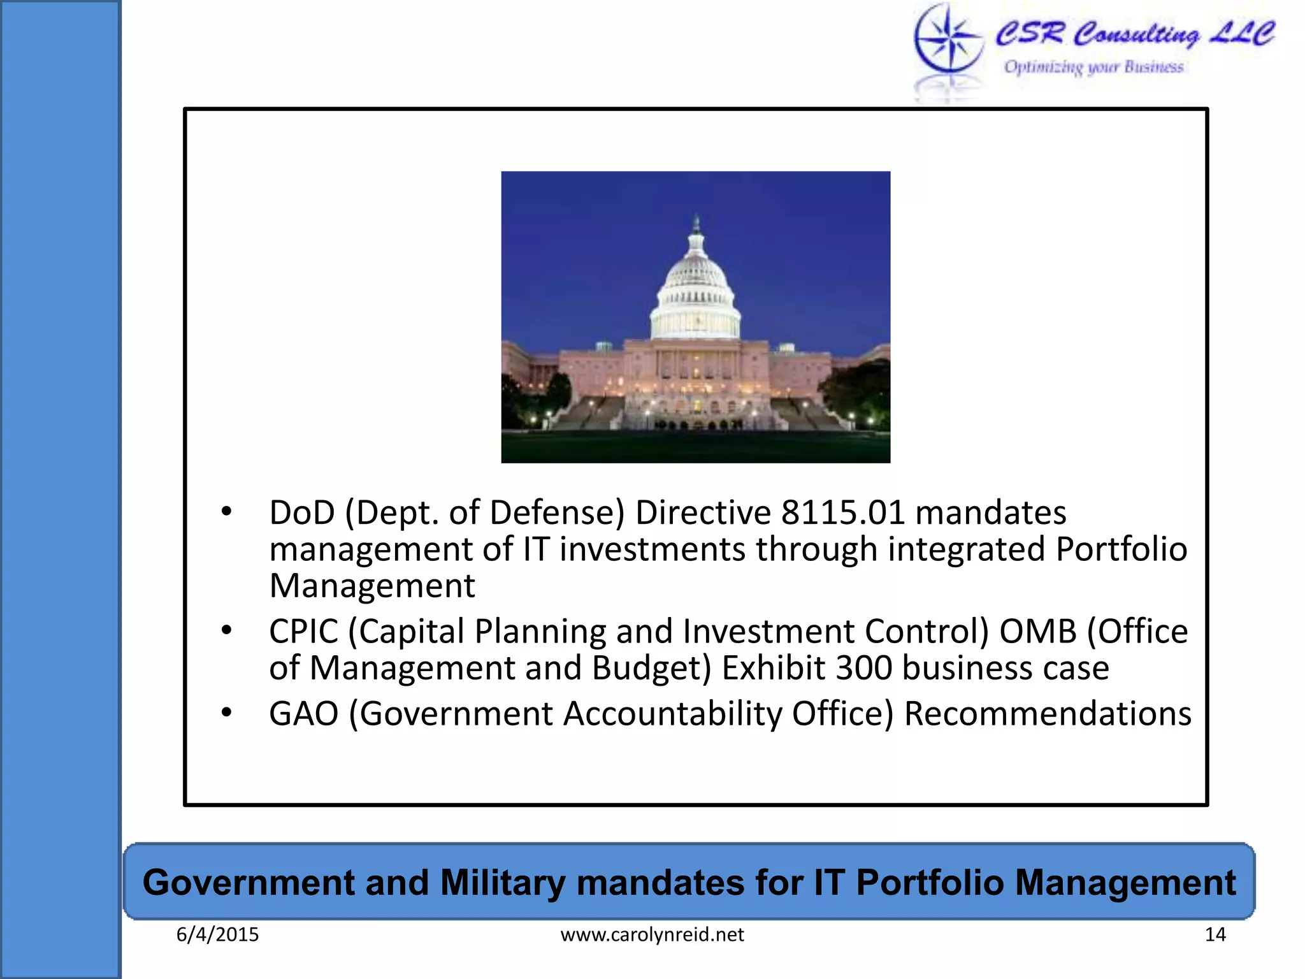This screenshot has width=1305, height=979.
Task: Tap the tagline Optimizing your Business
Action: (1093, 67)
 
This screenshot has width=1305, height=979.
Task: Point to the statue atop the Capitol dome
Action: (696, 224)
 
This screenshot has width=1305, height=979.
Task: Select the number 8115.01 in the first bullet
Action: (843, 512)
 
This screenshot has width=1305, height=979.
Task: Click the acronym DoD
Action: (302, 512)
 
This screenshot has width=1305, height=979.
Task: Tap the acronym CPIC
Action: (303, 632)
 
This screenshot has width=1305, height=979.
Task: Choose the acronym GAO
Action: (303, 713)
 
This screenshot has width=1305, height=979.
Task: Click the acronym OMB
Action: (1037, 632)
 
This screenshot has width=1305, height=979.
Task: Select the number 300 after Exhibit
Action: (863, 668)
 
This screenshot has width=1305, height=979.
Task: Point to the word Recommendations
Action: (1048, 713)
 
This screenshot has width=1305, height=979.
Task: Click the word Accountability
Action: (672, 713)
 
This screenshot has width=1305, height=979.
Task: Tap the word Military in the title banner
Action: (502, 883)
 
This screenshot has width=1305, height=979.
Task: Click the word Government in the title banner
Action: (249, 883)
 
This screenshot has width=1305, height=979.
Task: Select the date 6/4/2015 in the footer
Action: (217, 934)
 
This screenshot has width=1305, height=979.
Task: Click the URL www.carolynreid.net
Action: (652, 934)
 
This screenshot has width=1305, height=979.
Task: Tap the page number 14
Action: (1215, 934)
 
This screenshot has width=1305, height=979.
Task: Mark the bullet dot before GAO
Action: (226, 713)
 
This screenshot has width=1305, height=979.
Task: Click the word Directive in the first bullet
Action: (703, 512)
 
